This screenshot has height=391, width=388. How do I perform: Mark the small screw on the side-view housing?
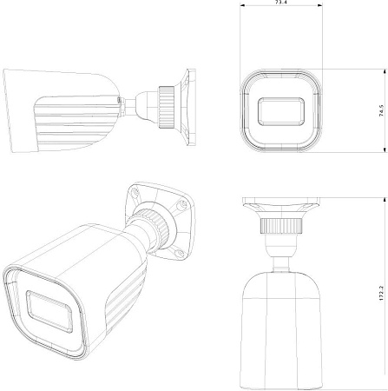pos(119,102)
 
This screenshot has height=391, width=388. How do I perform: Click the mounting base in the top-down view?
pos(279,209)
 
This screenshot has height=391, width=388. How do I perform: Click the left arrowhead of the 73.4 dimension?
pos(242,9)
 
